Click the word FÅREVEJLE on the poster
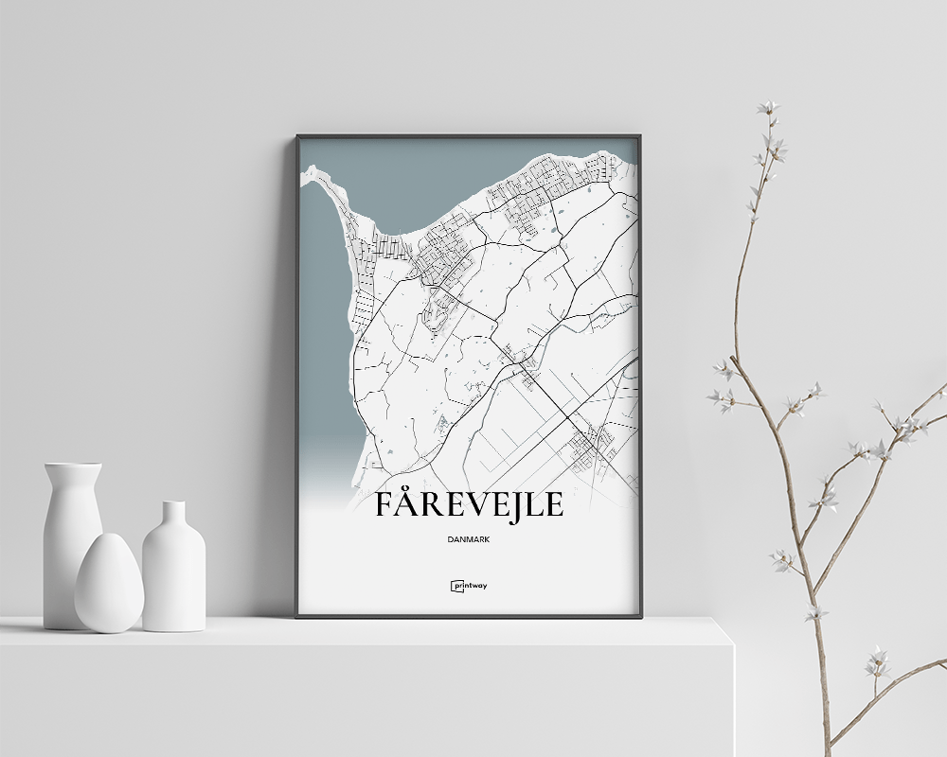pyautogui.click(x=469, y=505)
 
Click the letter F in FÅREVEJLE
pyautogui.click(x=385, y=505)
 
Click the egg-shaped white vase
pyautogui.click(x=109, y=584)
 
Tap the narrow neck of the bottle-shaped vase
pyautogui.click(x=173, y=517)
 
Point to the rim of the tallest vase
pyautogui.click(x=73, y=466)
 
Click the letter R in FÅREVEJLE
pyautogui.click(x=437, y=505)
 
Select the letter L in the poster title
pyautogui.click(x=534, y=505)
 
